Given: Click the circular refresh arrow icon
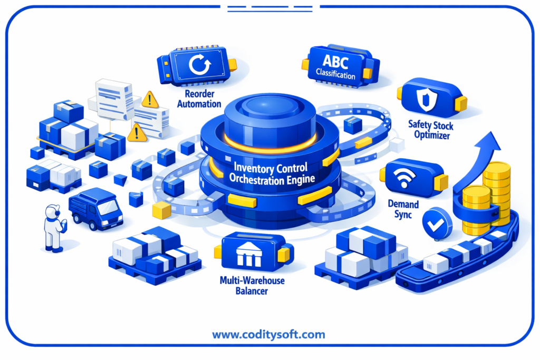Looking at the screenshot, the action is point(199,64).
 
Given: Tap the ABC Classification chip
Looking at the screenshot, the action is point(341,66).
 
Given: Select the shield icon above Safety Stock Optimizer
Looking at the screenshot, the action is point(426,100).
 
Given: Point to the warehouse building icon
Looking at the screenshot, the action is point(249,254).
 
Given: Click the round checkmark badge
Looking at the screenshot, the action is point(437,223).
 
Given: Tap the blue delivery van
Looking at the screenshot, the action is point(95,208).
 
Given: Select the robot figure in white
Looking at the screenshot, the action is point(54,228).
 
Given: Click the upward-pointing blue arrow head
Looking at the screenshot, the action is point(488,142).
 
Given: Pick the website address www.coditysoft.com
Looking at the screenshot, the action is point(268,335).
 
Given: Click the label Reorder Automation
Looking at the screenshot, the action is point(199,99).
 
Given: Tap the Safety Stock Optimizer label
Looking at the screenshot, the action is point(431,130).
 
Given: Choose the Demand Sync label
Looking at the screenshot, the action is point(403,209).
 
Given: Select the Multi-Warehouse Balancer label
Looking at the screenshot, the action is point(252,286).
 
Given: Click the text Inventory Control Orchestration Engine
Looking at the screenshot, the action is point(272,174).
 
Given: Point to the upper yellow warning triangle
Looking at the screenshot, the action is point(150,100).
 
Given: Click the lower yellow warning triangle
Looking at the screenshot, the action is point(137,133).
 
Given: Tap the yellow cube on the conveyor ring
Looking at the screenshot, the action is point(161,210).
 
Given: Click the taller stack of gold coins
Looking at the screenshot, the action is point(496,193).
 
